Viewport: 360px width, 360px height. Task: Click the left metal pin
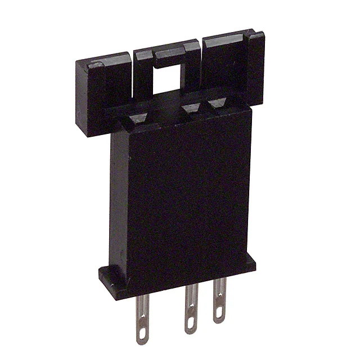point(141,315)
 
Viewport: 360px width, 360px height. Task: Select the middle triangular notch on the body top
point(190,107)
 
